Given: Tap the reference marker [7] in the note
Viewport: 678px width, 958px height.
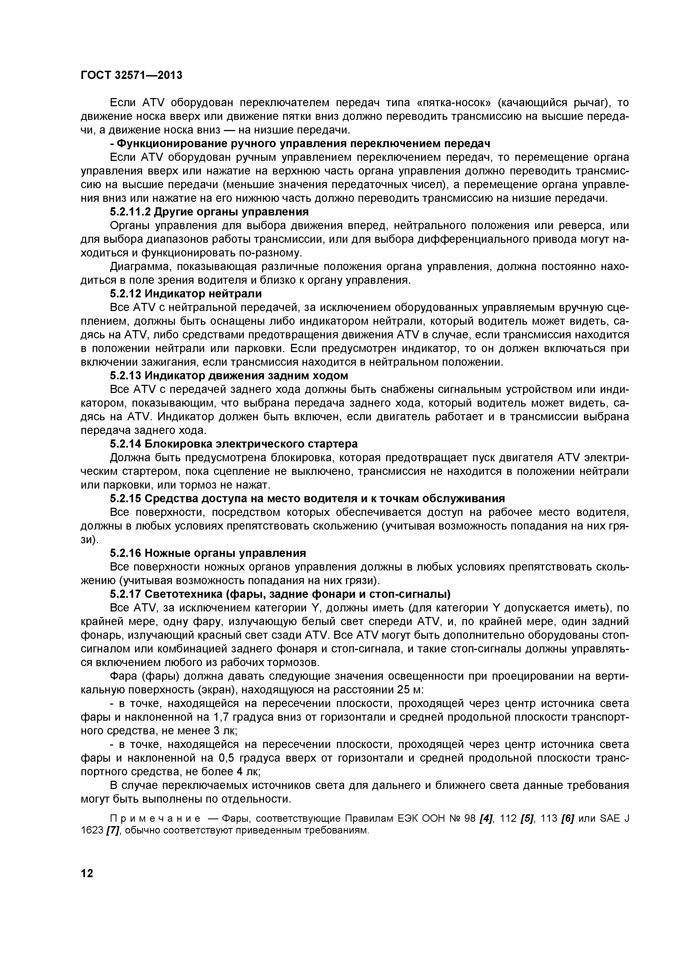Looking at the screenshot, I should (113, 830).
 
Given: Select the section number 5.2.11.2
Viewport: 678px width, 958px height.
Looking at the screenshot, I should (130, 212).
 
